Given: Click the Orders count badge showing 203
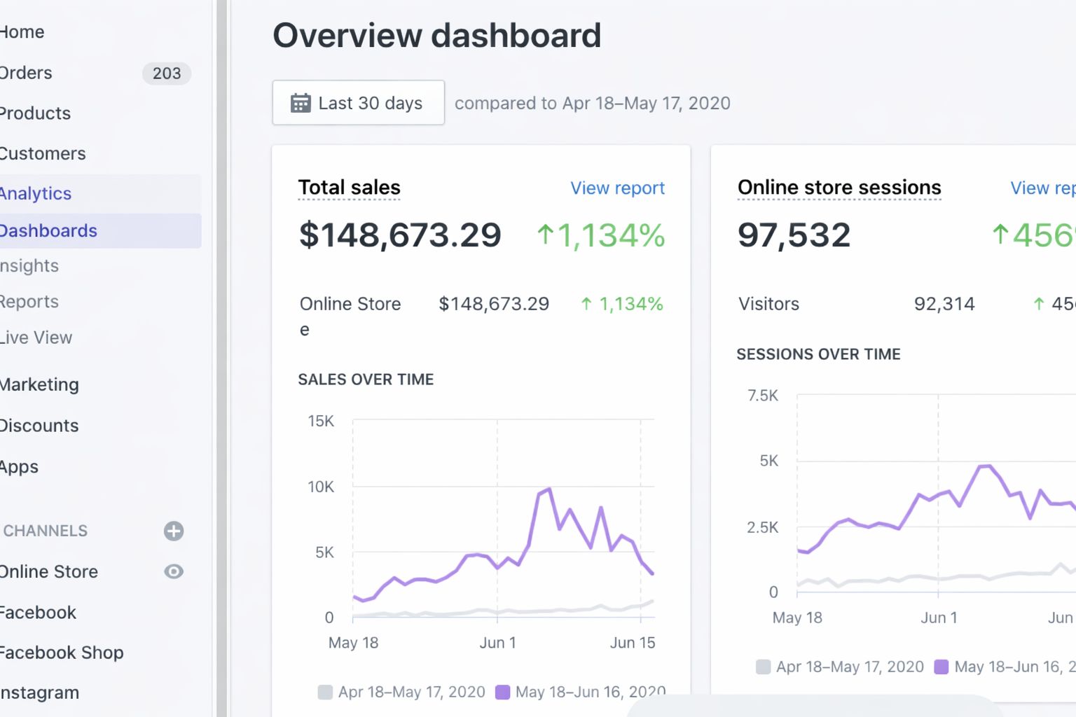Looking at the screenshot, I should pos(166,74).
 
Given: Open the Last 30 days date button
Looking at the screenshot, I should pos(358,103).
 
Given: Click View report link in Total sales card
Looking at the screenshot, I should pos(617,188).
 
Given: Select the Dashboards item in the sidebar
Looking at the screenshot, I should pos(49,231).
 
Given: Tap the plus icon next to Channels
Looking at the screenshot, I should pos(174,531).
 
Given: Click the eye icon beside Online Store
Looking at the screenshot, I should pos(174,571).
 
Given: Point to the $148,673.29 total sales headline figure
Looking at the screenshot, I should pos(400,235).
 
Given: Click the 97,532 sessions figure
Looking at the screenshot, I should pos(794,235).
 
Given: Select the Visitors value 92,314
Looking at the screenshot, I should pos(944,304).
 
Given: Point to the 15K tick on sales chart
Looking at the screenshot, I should pos(321,421).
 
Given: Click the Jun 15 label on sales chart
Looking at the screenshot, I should pos(632,643).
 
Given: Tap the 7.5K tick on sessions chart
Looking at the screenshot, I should pos(763,396).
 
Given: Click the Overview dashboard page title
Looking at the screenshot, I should pos(436,36).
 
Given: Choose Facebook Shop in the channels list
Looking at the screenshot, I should pos(62,653).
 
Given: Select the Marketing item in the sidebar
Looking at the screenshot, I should pos(40,384).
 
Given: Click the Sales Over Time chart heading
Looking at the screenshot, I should pos(366,380).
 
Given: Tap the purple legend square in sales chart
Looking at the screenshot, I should pos(502,692).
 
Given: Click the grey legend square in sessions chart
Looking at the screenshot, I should pos(764,667).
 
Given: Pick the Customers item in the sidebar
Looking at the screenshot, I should pos(43,153).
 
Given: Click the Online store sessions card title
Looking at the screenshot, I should pos(839,188).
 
